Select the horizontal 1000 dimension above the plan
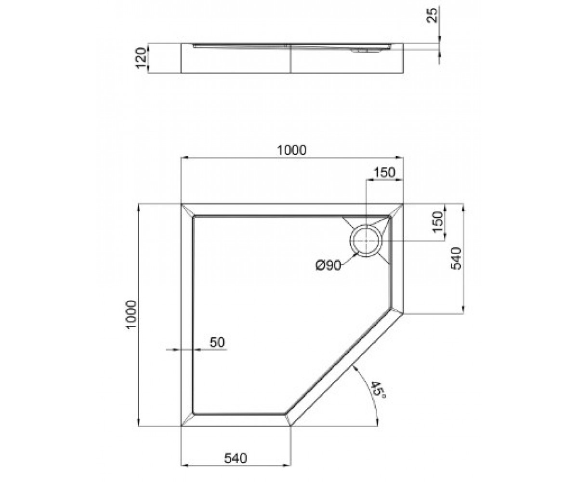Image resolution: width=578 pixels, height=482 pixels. [x=292, y=150]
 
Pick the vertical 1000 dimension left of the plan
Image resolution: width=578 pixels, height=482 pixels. [x=131, y=314]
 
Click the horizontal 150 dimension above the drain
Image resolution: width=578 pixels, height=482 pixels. [x=384, y=173]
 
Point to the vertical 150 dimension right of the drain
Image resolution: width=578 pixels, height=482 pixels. [x=438, y=222]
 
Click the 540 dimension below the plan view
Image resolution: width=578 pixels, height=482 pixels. [x=236, y=458]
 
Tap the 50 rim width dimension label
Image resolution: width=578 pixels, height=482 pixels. [x=217, y=342]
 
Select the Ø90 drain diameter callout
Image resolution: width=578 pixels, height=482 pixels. [x=328, y=266]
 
